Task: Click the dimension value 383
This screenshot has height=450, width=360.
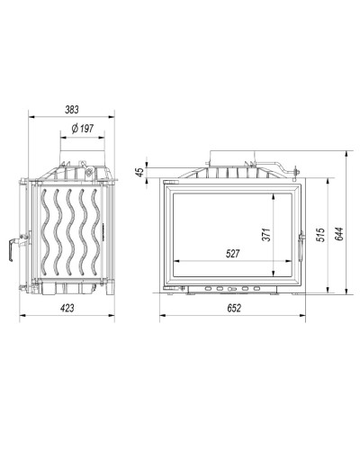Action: point(72,110)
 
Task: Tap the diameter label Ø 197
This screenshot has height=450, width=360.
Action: point(83,129)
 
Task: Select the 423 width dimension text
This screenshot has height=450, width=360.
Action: point(67,308)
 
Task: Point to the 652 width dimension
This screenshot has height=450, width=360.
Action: point(234,308)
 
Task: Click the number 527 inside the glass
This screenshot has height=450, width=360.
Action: point(233,254)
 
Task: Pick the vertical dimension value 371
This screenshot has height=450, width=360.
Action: point(266,235)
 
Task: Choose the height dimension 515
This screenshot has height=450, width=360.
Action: point(320,235)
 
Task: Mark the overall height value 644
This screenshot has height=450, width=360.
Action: point(339,234)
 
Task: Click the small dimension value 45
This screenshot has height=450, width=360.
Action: point(139,172)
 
